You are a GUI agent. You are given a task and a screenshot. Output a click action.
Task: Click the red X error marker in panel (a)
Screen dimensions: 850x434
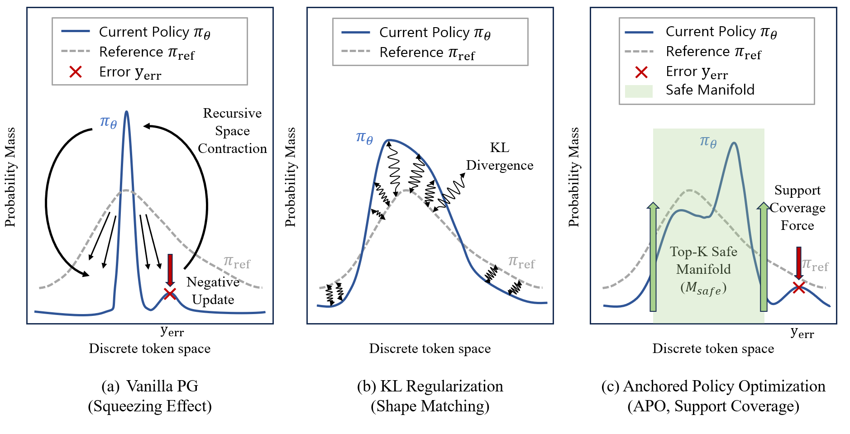coord(170,294)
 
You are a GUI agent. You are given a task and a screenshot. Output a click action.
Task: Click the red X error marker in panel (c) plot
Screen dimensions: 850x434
coord(799,287)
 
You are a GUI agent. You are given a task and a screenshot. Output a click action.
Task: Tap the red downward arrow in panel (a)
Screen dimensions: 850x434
coord(170,271)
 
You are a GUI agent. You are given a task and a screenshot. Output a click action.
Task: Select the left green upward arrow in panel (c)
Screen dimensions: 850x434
coord(653,257)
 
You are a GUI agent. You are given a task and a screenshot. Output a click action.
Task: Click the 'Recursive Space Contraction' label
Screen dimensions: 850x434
coord(232,131)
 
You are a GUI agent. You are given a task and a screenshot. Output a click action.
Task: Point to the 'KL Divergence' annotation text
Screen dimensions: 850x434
coord(500,156)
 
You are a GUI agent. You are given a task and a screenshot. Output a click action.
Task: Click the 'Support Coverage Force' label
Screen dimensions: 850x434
coord(797,208)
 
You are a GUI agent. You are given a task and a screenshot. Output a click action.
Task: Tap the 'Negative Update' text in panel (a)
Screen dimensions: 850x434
coord(213,291)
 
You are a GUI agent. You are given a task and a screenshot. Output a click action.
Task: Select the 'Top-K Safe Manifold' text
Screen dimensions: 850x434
coord(703,260)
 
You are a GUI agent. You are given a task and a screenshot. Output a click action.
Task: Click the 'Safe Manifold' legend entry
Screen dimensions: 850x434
coord(710,90)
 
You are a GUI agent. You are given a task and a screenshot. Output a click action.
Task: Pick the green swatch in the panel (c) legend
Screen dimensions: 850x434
coord(639,91)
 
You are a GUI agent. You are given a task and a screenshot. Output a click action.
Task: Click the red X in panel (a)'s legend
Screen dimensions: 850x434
coord(76,72)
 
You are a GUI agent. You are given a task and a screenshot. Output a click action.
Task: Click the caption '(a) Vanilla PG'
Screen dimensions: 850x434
coord(150,386)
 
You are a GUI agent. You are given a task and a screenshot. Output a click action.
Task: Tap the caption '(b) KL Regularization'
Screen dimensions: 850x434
coord(430,386)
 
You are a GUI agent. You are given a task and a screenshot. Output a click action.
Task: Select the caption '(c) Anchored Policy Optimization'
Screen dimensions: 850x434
coord(713,386)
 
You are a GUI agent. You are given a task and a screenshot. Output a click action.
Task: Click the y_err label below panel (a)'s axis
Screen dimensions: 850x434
coord(172,332)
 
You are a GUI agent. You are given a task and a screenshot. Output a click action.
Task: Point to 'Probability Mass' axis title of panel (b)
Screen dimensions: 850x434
coord(290,177)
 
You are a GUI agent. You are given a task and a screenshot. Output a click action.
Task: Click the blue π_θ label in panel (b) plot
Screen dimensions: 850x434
coord(364,137)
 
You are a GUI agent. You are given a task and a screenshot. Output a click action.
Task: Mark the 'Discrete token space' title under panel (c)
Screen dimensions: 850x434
coord(713,348)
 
